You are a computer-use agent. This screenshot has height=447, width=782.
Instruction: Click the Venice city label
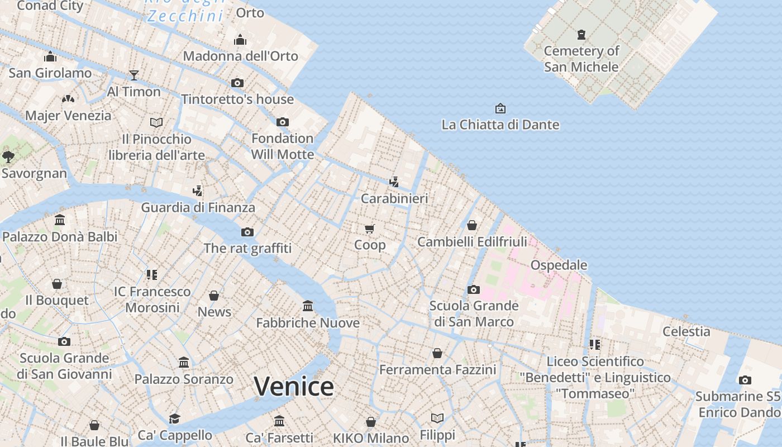pos(294,387)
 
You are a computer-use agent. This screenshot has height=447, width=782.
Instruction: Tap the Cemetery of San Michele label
pos(581,59)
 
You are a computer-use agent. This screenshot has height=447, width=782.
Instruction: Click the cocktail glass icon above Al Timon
pos(133,75)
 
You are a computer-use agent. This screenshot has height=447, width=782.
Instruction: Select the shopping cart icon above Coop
pos(369,229)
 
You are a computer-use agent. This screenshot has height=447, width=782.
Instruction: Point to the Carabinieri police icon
pos(394,182)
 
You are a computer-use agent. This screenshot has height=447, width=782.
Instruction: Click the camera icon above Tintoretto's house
pos(237,83)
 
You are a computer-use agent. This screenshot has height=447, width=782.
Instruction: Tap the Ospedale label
pos(559,265)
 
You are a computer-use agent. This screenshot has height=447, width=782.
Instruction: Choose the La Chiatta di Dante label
pos(500,124)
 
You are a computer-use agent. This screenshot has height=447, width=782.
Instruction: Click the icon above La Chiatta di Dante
pos(500,108)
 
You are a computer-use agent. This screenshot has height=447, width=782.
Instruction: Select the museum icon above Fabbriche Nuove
pos(307,306)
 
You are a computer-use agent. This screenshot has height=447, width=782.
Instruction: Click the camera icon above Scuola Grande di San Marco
pos(473,289)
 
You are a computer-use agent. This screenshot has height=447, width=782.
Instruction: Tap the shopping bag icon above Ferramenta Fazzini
pos(437,353)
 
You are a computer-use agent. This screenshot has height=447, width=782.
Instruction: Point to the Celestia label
pos(686,331)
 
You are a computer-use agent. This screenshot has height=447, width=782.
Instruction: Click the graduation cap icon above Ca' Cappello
pos(175,419)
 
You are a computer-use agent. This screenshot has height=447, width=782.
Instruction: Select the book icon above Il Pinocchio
pos(156,122)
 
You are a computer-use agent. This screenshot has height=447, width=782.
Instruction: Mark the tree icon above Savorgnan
pos(8,156)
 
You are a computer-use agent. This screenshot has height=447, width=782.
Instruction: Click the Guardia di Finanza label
pos(198,207)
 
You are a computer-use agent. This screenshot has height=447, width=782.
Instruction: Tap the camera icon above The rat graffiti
pos(247,232)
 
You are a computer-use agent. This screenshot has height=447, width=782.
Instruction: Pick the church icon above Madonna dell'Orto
pos(240,40)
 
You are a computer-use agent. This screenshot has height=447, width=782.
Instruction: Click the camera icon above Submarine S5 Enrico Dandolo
pos(745,380)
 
